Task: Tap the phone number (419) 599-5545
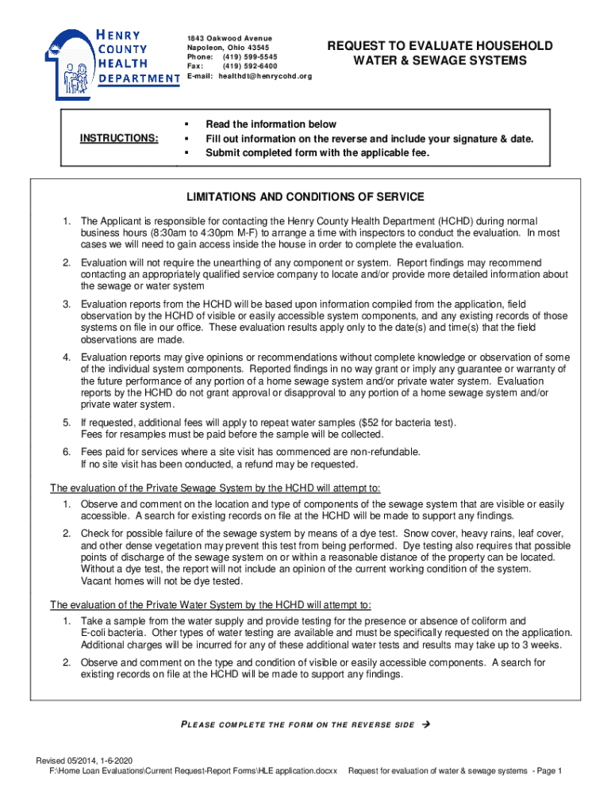click(x=250, y=58)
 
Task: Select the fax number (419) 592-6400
click(x=250, y=67)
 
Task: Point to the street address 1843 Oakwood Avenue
click(x=229, y=39)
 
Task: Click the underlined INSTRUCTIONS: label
click(x=119, y=139)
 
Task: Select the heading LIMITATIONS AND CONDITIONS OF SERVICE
click(x=305, y=197)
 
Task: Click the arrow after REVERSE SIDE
click(x=426, y=725)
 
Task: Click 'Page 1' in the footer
click(x=548, y=771)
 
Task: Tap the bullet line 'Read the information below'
click(x=271, y=124)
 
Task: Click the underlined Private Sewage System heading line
click(x=215, y=488)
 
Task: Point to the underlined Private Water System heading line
click(x=210, y=604)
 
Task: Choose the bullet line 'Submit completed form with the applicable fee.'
click(x=317, y=153)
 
